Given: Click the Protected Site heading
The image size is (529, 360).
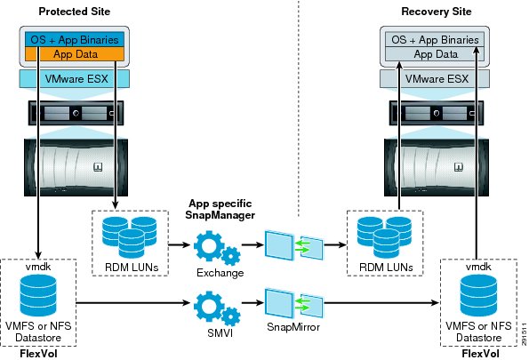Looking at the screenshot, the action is point(74,12).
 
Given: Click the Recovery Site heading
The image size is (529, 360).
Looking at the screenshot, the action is point(437,12).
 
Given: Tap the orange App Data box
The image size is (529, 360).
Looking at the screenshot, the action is point(75,54).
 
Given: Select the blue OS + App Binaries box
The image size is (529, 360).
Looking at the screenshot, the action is point(75,39).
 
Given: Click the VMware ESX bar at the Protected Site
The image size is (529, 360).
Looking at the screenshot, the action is point(75,79).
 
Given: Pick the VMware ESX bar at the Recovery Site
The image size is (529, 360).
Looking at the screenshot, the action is point(435,79).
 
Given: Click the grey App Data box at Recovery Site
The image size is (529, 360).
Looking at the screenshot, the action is point(435,54).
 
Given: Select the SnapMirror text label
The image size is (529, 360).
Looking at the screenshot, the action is point(293,327).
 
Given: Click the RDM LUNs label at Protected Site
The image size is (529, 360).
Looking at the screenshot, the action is point(132,268).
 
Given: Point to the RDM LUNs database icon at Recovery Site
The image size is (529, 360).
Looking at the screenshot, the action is point(384,237).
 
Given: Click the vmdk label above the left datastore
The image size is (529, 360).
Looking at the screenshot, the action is point(38,267).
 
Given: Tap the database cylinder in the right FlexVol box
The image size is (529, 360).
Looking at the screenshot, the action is point(478,296).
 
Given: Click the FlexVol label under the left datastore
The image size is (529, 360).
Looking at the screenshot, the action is point(38,353).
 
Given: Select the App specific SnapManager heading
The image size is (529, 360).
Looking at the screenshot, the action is point(220,209).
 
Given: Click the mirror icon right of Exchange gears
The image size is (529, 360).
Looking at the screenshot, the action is point(294,245).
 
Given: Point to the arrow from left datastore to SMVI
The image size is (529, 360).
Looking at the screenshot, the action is point(133,302).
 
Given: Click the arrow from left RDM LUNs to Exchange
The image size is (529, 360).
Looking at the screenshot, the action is point(179,244).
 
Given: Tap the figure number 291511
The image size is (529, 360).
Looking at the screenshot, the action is point(524,334).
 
